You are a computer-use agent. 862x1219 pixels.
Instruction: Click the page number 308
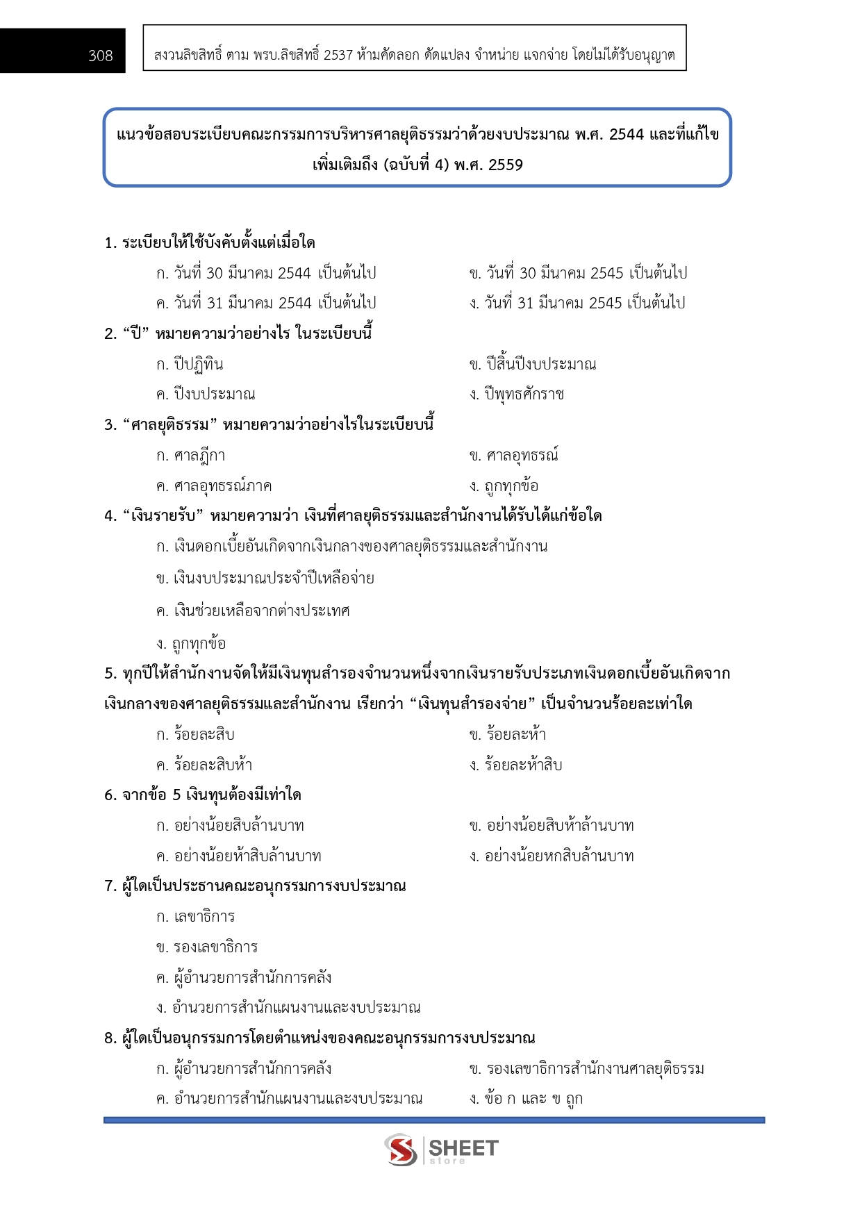[101, 56]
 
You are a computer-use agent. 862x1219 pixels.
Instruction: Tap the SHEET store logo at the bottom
[441, 1150]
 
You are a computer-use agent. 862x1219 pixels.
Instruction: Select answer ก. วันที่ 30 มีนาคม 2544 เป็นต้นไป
[266, 273]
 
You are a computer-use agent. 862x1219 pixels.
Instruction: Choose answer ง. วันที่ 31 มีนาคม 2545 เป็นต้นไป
[577, 303]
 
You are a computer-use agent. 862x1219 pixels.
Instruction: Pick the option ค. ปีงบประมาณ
[206, 394]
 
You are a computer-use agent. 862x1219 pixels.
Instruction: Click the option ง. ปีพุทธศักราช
[516, 394]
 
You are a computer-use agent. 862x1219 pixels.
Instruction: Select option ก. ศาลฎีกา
[191, 456]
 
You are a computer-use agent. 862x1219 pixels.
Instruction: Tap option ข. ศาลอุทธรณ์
[513, 456]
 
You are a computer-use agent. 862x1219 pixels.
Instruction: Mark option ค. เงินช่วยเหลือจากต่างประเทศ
[253, 611]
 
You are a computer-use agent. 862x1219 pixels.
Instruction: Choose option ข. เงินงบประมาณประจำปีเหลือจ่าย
[265, 578]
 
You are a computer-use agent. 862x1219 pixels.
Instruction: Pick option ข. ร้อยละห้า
[508, 734]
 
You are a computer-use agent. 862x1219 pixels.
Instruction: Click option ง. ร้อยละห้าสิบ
[515, 765]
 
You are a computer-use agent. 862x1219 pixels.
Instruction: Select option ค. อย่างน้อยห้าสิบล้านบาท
[239, 856]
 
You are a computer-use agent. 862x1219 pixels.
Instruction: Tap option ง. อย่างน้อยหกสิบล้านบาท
[552, 856]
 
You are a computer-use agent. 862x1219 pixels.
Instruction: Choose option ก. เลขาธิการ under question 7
[196, 916]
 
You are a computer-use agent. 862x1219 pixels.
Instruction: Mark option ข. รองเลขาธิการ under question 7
[207, 947]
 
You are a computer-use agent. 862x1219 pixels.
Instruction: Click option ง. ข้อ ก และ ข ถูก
[526, 1098]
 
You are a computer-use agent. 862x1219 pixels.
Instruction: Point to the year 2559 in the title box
[506, 165]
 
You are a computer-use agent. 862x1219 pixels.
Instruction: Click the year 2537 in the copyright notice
[338, 55]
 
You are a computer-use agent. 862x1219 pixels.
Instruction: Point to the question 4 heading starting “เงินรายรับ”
[353, 515]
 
